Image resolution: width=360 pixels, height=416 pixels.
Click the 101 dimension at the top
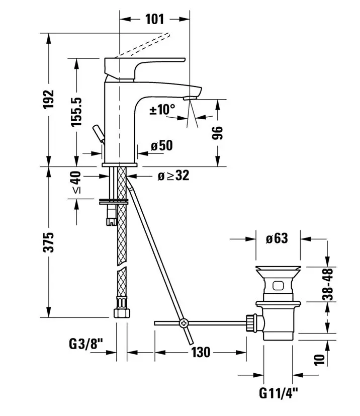coord(154,19)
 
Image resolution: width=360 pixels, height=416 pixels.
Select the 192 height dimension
coord(49,99)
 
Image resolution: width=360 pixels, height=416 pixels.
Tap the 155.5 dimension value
coord(76,112)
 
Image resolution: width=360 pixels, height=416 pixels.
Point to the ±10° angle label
coord(162,109)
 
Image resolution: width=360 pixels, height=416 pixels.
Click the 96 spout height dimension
coord(217,133)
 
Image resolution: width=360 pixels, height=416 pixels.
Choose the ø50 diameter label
coord(162,145)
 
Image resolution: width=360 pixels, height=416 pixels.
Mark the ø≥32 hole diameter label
coord(173,176)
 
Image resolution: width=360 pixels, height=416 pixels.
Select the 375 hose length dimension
coord(49,242)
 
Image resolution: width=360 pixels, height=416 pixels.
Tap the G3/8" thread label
coord(85,345)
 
